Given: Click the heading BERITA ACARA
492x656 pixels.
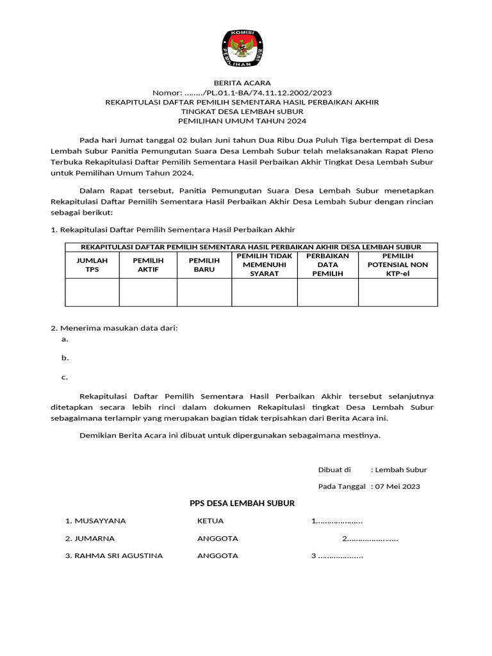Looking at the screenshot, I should [x=242, y=83].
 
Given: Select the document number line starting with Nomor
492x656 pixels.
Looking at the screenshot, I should [x=242, y=92].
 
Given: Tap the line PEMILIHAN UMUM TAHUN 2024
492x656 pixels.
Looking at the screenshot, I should [x=242, y=121].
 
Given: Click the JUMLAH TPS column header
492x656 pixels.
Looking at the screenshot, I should [x=92, y=265].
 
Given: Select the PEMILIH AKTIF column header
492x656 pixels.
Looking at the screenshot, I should [x=148, y=265].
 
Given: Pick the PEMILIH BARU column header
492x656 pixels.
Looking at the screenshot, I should [x=204, y=265].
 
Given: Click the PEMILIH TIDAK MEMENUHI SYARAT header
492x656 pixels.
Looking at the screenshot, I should [x=264, y=265].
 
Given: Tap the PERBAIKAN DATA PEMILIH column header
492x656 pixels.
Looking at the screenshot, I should [x=327, y=265].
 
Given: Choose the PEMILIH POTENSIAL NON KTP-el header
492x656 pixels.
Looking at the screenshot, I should [x=397, y=265].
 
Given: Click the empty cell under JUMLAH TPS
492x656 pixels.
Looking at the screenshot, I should [x=92, y=292].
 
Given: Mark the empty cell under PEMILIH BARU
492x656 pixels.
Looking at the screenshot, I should [x=204, y=292].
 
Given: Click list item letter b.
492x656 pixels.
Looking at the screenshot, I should [x=65, y=358].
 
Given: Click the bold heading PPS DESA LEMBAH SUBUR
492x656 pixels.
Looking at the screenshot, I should [x=242, y=504].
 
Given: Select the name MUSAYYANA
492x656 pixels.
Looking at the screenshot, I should [x=95, y=521].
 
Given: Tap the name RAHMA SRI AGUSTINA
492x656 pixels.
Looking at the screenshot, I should [x=114, y=555].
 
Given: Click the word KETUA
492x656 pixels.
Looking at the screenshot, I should [x=209, y=521].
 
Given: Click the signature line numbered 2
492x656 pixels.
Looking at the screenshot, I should [x=370, y=538].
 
